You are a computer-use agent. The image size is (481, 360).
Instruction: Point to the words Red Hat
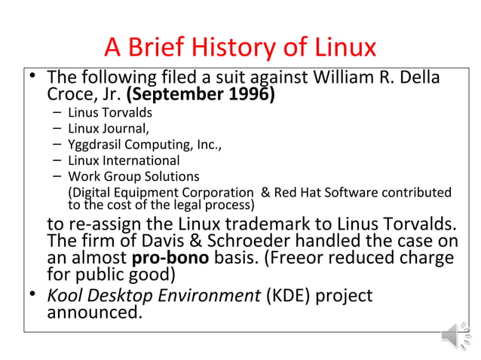pos(299,193)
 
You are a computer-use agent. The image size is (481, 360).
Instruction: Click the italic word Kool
pos(65,295)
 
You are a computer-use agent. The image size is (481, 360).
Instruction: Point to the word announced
pos(94,311)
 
